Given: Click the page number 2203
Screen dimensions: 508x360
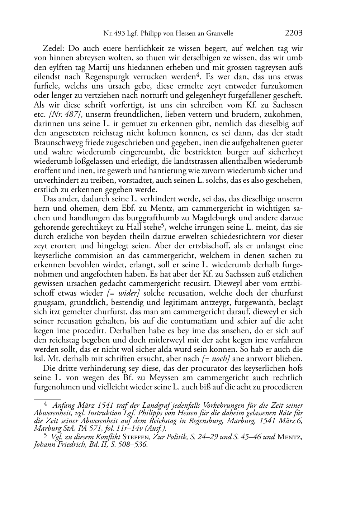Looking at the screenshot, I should pyautogui.click(x=294, y=33).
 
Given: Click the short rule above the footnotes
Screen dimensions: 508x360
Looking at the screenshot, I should pyautogui.click(x=47, y=398).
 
